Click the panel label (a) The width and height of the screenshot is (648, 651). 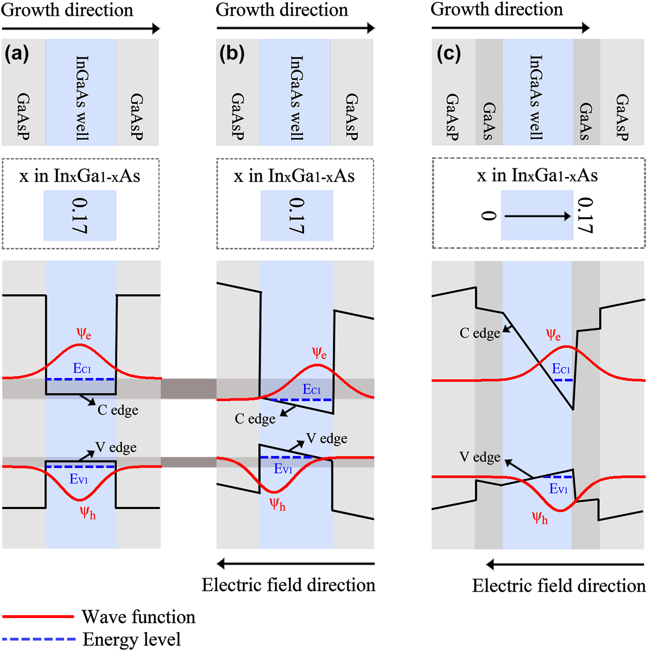pos(17,53)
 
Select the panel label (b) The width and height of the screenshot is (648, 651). pos(231,53)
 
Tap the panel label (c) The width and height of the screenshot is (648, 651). pos(449,53)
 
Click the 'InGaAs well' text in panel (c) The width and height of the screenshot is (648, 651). pos(536,97)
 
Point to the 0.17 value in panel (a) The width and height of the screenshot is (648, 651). pos(79,216)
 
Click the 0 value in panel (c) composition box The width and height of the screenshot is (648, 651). pos(488,216)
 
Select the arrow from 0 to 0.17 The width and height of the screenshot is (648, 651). pos(537,216)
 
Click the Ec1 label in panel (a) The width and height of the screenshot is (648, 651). pos(82,368)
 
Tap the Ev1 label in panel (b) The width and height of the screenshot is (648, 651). pos(283,469)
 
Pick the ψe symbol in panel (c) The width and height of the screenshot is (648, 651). pos(553,335)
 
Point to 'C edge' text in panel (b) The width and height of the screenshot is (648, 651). pos(255,419)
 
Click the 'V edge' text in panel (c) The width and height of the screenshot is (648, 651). pos(479,457)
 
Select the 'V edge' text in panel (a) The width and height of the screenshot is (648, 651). pos(116,447)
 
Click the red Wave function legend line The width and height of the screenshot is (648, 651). pos(38,616)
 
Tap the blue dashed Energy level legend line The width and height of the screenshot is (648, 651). pos(38,639)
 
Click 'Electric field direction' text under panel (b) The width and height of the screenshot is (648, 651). pos(288,585)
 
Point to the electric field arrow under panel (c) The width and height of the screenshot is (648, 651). pos(564,565)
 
